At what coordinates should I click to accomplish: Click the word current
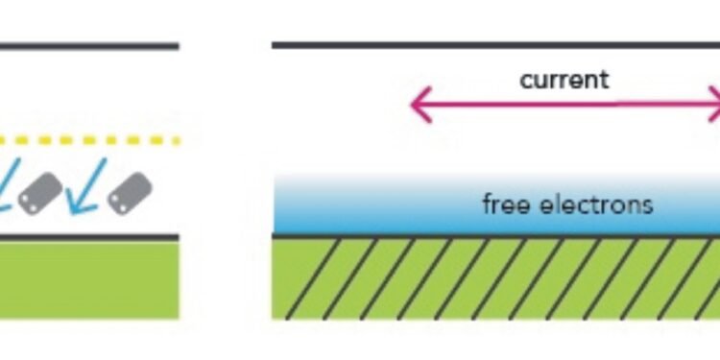(x=564, y=79)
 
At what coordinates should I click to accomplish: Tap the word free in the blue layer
(x=503, y=204)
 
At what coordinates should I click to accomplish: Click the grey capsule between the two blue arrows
(x=41, y=193)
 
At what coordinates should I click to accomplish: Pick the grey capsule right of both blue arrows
(x=131, y=192)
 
